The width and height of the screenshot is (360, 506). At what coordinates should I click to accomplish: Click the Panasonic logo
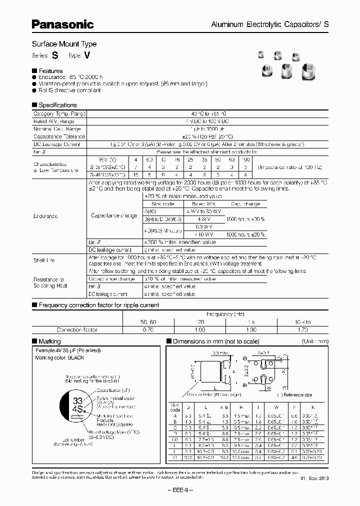[63, 23]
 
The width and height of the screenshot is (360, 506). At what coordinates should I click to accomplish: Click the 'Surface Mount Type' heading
[64, 44]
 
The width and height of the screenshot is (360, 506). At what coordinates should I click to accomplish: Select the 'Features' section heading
[50, 71]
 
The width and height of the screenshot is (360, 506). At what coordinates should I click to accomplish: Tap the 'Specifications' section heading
[57, 105]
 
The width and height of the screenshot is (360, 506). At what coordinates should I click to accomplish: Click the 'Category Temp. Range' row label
[59, 114]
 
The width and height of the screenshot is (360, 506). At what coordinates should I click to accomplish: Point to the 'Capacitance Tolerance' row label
[59, 136]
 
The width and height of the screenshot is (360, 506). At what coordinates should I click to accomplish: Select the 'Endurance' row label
[45, 216]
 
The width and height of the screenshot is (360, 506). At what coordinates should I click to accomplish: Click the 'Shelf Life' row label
[44, 260]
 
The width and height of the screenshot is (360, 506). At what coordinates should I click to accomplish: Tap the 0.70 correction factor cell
[147, 330]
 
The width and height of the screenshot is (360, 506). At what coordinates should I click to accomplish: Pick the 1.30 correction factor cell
[250, 330]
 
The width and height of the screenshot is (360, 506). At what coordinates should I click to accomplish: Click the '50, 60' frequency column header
[147, 322]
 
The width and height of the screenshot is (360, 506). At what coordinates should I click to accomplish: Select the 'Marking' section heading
[49, 341]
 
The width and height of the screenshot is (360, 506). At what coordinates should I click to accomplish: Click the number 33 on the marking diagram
[77, 401]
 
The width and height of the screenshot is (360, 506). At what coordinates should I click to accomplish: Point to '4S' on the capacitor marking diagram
[78, 410]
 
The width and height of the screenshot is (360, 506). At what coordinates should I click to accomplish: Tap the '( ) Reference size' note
[295, 395]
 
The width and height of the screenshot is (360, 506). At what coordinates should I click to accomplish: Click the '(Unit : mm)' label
[315, 341]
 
